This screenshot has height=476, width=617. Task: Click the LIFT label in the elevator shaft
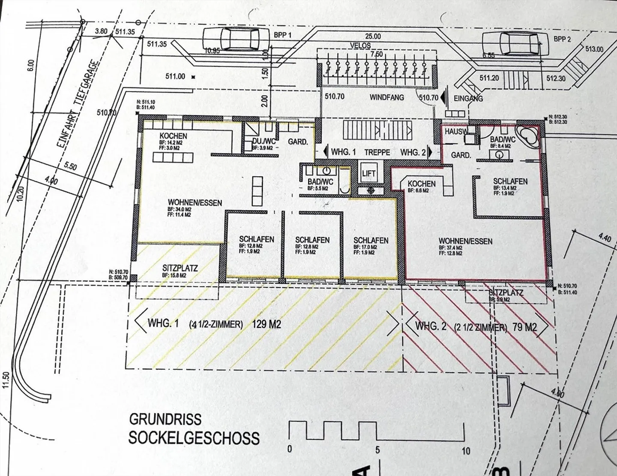368,173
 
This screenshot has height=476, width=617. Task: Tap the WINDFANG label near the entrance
387,97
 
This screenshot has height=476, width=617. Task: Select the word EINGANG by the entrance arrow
468,98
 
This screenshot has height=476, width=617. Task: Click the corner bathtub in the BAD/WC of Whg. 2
526,136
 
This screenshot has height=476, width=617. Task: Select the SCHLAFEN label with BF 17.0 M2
371,241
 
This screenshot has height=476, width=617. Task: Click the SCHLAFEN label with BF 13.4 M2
510,181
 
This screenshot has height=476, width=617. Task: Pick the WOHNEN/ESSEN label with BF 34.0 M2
195,202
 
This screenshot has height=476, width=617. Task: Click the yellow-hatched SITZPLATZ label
180,268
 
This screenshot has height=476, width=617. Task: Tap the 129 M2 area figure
267,324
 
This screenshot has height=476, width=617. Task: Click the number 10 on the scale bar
466,451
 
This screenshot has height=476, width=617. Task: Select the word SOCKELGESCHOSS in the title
194,438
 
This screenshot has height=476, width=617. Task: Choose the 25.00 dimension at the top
372,37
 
